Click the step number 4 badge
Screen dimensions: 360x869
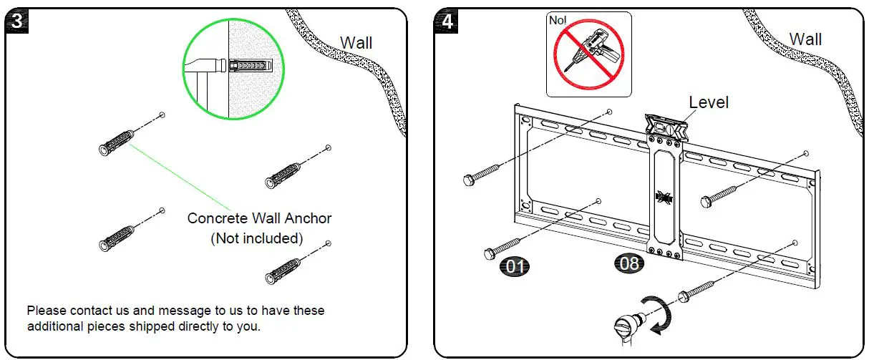(x=447, y=21)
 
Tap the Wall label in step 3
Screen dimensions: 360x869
(x=356, y=42)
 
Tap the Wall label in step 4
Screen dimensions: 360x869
(x=805, y=39)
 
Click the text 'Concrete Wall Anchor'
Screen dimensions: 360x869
(x=259, y=218)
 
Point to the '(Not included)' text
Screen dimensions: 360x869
(x=256, y=238)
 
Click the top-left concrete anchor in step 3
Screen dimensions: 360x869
(x=116, y=142)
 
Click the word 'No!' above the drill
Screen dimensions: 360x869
(x=558, y=20)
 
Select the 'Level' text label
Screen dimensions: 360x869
(x=708, y=102)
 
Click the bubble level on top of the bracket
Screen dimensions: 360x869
(x=666, y=127)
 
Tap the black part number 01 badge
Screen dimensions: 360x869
(x=513, y=267)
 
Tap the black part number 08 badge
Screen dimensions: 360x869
(x=629, y=264)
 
